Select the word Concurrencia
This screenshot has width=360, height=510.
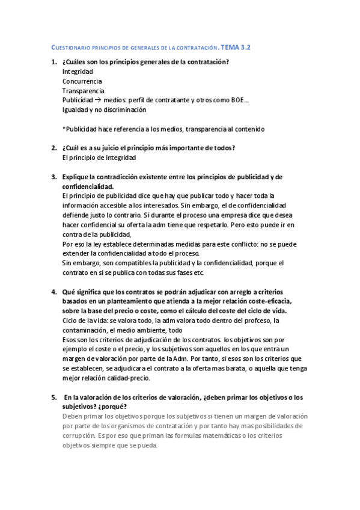(82, 81)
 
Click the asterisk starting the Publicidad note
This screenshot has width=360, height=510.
(64, 129)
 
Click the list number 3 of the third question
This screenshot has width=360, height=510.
(53, 177)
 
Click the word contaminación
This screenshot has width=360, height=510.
(87, 330)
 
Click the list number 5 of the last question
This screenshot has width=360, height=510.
(53, 398)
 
